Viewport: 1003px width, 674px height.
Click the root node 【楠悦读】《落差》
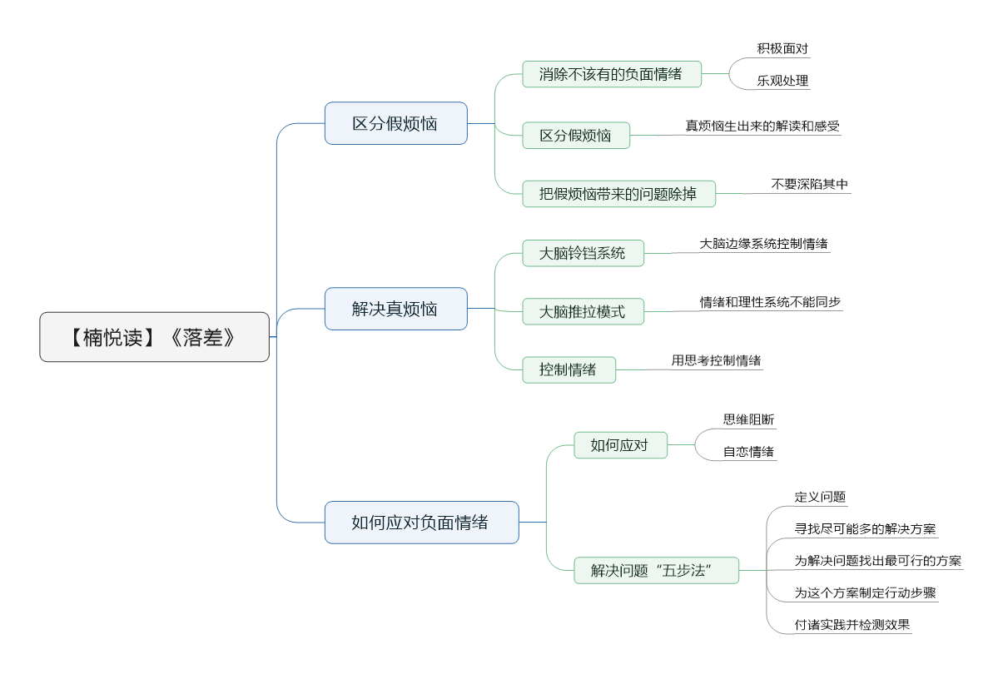click(x=155, y=337)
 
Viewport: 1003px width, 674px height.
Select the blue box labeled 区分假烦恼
click(x=396, y=123)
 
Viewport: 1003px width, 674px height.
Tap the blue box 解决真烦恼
click(x=396, y=309)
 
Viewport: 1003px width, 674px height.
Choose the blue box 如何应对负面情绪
click(x=421, y=523)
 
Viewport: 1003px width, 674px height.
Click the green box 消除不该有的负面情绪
click(x=612, y=74)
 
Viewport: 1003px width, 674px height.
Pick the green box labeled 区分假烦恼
click(x=576, y=135)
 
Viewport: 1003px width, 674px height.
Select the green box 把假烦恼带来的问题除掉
click(x=618, y=194)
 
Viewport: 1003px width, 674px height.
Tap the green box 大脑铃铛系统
click(x=583, y=253)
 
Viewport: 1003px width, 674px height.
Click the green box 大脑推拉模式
click(x=583, y=311)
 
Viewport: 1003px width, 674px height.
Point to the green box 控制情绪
click(x=569, y=369)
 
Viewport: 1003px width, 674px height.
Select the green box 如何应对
click(x=621, y=445)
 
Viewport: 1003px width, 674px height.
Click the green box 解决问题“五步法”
click(x=657, y=570)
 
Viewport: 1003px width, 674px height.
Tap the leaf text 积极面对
click(x=782, y=48)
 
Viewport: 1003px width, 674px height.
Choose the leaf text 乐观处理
click(x=782, y=81)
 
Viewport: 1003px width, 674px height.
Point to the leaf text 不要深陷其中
click(x=810, y=184)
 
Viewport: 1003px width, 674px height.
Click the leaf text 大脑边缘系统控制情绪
click(x=764, y=244)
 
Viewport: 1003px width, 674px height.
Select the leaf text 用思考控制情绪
click(x=716, y=360)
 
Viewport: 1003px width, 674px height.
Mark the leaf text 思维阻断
click(x=748, y=419)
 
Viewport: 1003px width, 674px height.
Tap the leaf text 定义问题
click(x=821, y=497)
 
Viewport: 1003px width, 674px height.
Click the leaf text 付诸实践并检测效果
click(x=852, y=624)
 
